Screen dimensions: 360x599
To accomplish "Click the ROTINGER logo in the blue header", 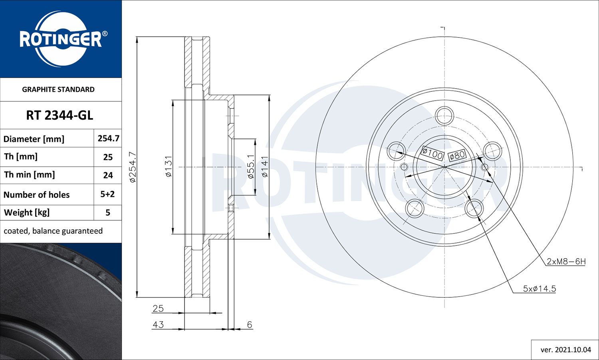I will [x=61, y=39].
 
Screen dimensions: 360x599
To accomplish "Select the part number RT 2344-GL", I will [x=60, y=115].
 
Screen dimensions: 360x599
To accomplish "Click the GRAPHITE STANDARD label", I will [x=58, y=89].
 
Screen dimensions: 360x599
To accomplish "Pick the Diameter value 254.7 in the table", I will [x=108, y=138].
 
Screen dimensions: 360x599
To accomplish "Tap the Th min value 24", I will [x=108, y=175].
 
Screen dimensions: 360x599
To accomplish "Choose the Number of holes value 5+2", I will [x=107, y=194].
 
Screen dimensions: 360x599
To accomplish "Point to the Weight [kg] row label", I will [x=27, y=212].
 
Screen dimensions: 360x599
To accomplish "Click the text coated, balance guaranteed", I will [x=53, y=231].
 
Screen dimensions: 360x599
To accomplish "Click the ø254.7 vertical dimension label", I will [x=133, y=167].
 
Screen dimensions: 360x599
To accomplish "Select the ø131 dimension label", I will [x=168, y=166].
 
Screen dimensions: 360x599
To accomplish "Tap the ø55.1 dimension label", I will [x=251, y=166].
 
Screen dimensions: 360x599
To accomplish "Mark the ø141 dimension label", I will [x=264, y=166].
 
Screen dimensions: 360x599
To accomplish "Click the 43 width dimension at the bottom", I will [x=158, y=324].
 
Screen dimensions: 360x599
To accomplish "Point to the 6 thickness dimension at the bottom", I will [x=250, y=324].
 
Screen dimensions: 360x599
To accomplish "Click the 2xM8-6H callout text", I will [x=566, y=261].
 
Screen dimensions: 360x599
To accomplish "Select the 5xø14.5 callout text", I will [x=539, y=289].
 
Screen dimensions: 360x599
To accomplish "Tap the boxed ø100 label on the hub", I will [x=432, y=153].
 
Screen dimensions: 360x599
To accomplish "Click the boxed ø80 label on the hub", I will [x=457, y=155].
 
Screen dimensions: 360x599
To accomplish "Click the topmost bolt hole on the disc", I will [x=444, y=116].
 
